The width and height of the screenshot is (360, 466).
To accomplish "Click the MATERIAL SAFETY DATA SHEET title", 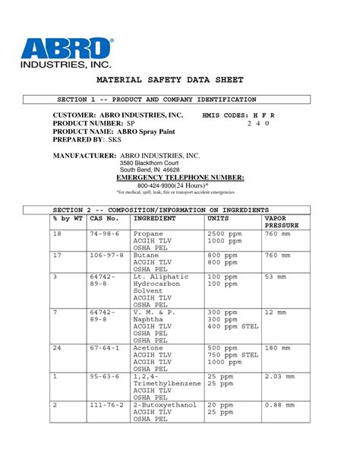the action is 180,80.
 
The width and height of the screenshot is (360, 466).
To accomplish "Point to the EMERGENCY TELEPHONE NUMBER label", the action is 185,176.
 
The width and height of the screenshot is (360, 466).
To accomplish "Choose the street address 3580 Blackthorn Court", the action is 149,163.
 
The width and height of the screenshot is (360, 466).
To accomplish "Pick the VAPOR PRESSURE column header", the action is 282,221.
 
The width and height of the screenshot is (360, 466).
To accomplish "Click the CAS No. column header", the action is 104,217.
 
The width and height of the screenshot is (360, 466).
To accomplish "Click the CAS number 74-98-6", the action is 104,233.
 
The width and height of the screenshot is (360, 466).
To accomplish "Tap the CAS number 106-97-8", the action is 104,255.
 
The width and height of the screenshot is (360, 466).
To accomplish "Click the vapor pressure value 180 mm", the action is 277,347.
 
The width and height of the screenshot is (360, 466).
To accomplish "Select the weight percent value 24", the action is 56,347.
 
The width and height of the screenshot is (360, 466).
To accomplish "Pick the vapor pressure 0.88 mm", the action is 279,405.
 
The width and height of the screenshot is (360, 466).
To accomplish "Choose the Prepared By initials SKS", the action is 115,140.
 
